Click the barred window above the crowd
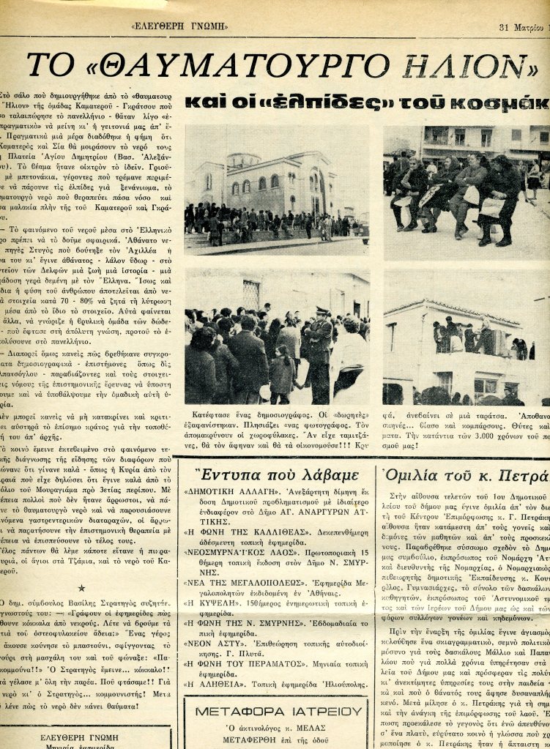251,294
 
